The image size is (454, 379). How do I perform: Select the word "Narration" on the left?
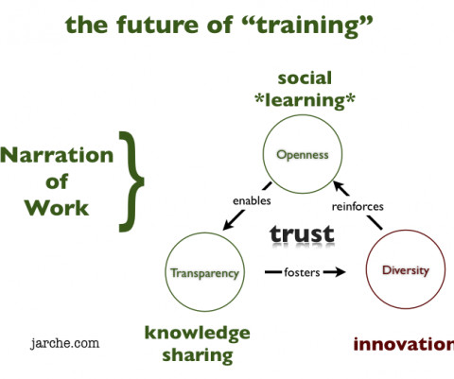57,155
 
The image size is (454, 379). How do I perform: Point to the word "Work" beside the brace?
57,208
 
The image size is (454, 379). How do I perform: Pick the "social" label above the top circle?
305,78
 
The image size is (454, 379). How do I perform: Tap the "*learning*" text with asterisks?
305,101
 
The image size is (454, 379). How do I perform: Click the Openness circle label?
303,155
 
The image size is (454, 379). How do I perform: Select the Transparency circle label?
204,273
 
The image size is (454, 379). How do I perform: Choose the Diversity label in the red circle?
406,270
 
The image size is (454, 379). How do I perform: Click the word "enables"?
252,200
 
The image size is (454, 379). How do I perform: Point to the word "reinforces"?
358,207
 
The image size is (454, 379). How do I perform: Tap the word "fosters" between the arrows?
302,272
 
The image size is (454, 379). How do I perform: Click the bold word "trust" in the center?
302,233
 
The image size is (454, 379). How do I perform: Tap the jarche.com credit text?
64,343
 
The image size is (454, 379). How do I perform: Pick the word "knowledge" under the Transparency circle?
198,334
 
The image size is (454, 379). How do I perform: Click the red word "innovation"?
404,344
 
